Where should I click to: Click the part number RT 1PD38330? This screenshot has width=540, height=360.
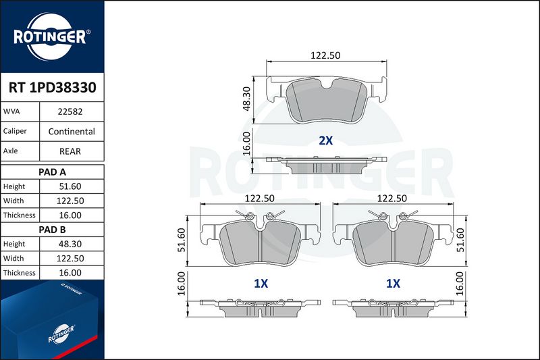[x=53, y=88]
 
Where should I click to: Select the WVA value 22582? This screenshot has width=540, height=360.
[x=70, y=111]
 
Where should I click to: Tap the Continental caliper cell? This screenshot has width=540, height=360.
[x=72, y=131]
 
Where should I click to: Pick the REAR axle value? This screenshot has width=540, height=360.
[x=70, y=151]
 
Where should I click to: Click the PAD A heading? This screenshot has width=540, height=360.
[x=53, y=172]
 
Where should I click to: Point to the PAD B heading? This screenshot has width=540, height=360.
[x=53, y=230]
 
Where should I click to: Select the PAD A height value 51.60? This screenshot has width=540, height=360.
[x=70, y=186]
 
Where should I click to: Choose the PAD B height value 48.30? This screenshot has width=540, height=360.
[x=70, y=244]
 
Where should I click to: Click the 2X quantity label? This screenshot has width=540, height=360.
[x=326, y=140]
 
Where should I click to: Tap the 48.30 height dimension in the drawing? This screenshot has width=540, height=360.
[x=246, y=99]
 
